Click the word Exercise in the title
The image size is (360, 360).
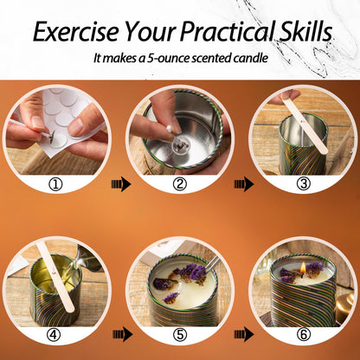76,31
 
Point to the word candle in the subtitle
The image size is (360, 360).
251,58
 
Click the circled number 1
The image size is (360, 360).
56,184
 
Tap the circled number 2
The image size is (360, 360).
180,184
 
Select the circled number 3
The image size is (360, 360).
304,184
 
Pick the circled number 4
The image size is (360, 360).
54,335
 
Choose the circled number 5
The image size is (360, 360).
180,335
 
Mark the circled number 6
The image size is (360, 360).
304,335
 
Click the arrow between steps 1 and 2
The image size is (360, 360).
121,184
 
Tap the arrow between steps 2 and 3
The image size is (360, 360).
244,184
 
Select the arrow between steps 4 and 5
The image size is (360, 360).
123,334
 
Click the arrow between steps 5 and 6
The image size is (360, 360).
244,334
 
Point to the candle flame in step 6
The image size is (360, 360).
303,267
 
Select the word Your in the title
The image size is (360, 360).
149,31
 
